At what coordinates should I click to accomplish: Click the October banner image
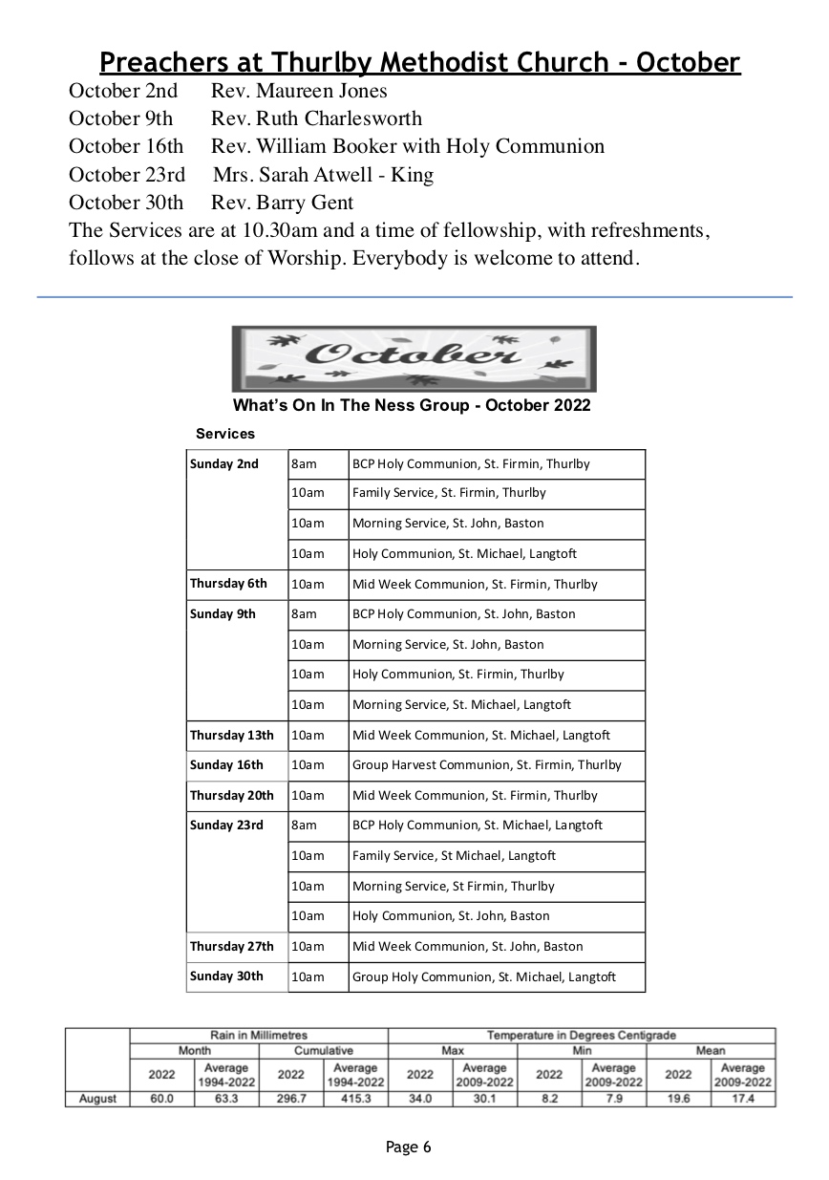414,358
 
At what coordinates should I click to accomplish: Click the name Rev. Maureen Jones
299,91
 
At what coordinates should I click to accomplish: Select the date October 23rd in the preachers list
127,175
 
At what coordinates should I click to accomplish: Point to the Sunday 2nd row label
224,464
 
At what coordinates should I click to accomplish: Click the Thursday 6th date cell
228,584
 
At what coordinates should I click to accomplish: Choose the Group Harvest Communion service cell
486,765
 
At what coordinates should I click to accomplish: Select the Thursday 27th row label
231,947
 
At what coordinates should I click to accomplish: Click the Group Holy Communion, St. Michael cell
483,976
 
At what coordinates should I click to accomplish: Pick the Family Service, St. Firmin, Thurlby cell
449,493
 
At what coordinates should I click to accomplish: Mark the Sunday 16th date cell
226,765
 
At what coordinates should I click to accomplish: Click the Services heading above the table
225,434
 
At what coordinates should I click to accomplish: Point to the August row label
97,1099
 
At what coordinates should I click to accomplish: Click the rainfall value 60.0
161,1099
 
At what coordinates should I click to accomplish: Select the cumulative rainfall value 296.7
290,1099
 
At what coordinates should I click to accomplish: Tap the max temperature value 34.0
419,1099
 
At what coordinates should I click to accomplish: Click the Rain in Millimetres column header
259,1035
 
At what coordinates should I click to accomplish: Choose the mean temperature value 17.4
742,1099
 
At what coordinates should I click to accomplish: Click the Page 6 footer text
409,1147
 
